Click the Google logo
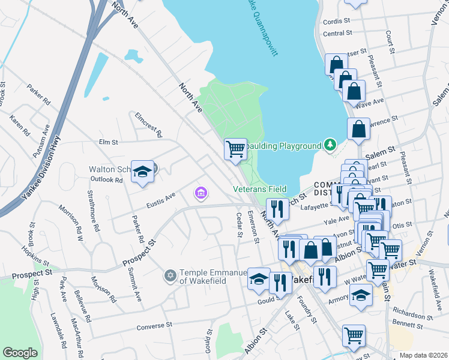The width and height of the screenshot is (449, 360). click(x=20, y=353)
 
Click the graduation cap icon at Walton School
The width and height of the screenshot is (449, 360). click(x=143, y=172)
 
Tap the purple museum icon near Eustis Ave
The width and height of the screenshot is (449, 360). click(x=200, y=193)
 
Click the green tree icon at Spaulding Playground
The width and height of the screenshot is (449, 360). click(x=329, y=145)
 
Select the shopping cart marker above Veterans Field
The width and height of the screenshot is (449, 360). click(x=235, y=148)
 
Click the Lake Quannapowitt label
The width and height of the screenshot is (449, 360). click(x=262, y=27)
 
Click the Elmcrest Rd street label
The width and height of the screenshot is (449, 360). click(x=148, y=124)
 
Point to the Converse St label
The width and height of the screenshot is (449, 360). click(x=154, y=326)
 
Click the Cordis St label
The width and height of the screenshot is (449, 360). click(x=337, y=20)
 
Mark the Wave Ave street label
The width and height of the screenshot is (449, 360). click(x=370, y=104)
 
